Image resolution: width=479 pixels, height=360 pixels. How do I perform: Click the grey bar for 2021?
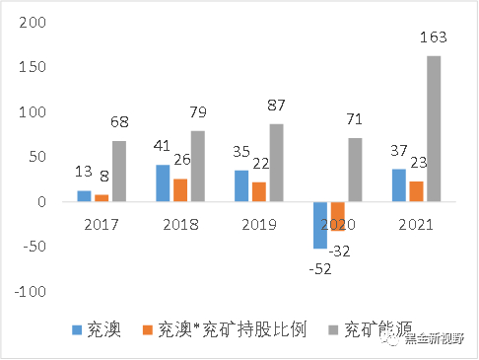coord(434,128)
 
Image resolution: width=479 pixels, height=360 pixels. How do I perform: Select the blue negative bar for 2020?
coord(320,225)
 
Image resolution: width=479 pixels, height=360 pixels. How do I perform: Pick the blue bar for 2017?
coord(85,196)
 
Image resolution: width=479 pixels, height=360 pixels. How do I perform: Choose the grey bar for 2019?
coord(277,163)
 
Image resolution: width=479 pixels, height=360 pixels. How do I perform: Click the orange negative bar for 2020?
coord(338,216)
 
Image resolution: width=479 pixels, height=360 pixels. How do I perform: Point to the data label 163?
coord(434,37)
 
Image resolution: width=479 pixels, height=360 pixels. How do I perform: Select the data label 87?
coord(278,106)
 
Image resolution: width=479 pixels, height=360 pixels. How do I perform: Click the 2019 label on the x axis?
coord(258,224)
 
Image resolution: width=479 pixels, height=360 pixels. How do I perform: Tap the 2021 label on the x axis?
coord(415,224)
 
